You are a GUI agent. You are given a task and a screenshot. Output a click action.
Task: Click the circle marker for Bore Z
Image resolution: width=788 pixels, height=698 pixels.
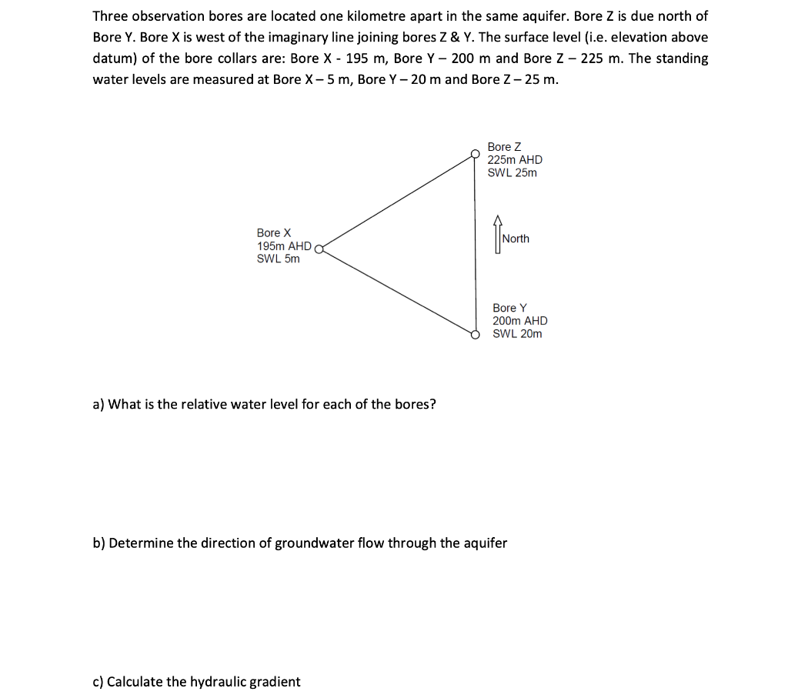476,154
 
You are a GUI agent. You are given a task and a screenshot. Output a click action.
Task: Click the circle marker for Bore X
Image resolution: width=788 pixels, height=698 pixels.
319,248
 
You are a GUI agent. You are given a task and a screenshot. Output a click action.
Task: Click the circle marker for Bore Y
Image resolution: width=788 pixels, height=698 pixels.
476,334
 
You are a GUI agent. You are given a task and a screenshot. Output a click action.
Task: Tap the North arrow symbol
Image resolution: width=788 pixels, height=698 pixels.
497,238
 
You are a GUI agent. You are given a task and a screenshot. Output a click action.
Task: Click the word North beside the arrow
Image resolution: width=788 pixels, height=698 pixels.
516,239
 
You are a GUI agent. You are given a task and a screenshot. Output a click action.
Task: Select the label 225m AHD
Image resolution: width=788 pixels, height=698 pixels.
515,159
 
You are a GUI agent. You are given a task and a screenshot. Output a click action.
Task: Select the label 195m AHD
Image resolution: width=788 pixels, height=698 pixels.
284,246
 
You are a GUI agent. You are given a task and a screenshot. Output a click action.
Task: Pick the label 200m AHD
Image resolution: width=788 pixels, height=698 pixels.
520,321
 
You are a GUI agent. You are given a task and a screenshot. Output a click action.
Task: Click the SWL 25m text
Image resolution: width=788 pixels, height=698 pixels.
513,172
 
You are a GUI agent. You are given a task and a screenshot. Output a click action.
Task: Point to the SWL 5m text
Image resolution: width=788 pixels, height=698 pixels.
278,259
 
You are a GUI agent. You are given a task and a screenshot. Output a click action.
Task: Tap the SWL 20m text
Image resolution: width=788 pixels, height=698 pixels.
517,333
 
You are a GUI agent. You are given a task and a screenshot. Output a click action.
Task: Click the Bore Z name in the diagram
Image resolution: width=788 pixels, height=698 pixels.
504,146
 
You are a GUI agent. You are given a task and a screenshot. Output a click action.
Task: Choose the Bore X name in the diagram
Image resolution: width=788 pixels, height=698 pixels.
274,232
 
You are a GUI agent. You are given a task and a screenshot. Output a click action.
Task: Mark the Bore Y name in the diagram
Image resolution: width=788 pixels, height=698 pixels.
509,308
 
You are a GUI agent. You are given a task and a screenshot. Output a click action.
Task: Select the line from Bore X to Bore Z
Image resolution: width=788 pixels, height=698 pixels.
396,202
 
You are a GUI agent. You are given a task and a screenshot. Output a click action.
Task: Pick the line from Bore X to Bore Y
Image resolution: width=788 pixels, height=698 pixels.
396,290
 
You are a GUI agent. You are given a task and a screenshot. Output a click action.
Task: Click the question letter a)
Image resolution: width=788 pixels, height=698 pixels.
98,405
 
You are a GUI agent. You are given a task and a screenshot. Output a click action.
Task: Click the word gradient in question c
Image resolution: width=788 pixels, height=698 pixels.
273,682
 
